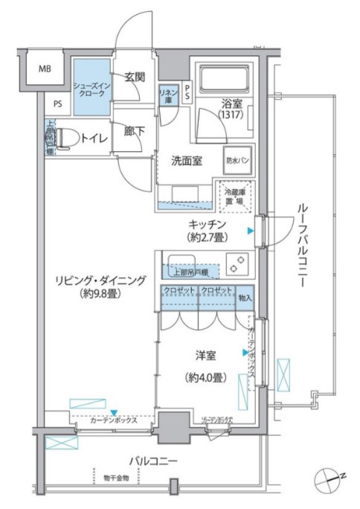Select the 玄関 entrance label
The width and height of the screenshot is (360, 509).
coord(135,77)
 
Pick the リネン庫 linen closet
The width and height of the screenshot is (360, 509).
coord(167,95)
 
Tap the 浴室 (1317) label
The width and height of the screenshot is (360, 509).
coord(231,112)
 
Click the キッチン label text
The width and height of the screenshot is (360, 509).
coord(208,224)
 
